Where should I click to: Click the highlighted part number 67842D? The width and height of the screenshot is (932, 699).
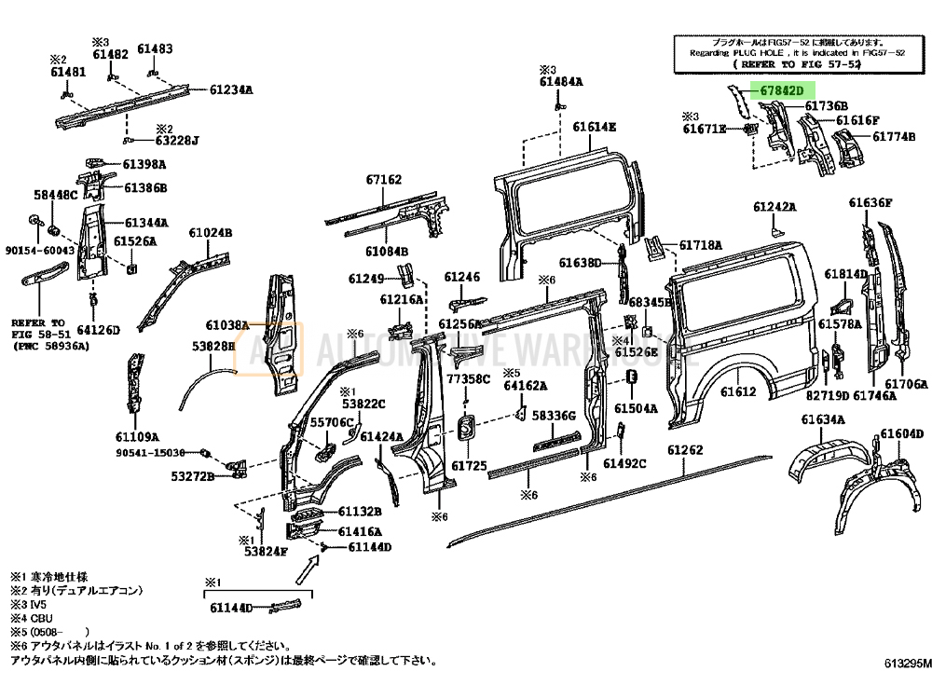click(x=780, y=90)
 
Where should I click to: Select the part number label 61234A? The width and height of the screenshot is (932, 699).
click(x=231, y=90)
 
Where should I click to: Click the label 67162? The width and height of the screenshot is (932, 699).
click(x=383, y=180)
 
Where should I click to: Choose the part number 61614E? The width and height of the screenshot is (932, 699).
click(x=594, y=127)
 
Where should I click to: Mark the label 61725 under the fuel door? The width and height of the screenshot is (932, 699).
click(x=469, y=465)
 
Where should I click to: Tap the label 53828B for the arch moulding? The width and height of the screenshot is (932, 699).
click(x=213, y=347)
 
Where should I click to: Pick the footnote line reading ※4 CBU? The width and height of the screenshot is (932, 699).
click(x=31, y=618)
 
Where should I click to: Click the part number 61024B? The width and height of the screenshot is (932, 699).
click(x=211, y=233)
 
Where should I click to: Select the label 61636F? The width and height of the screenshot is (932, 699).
click(x=870, y=203)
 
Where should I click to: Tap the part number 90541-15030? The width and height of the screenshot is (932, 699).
click(x=149, y=453)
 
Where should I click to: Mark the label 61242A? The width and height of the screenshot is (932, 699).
click(x=775, y=206)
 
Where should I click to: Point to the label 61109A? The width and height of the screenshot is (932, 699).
click(x=137, y=436)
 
